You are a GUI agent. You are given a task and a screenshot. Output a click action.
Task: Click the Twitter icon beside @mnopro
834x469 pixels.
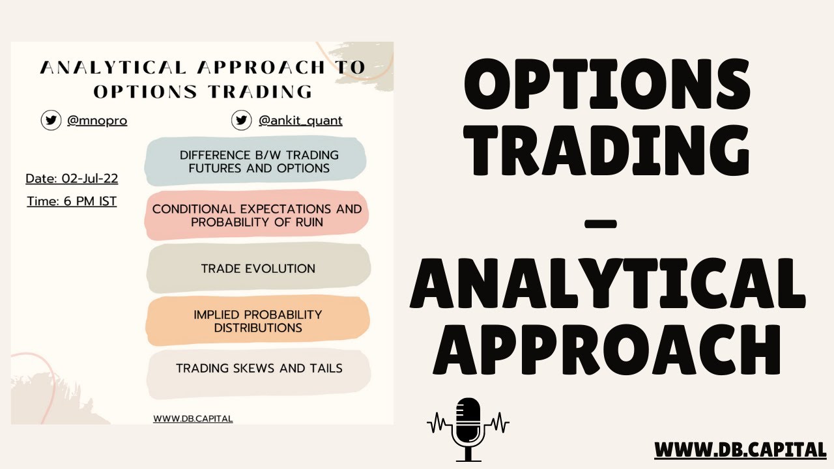[51, 121]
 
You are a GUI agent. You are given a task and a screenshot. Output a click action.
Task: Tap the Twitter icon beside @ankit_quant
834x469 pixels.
[242, 121]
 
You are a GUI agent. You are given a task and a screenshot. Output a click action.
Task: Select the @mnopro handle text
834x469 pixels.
[97, 121]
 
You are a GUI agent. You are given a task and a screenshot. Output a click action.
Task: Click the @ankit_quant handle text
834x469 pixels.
[300, 121]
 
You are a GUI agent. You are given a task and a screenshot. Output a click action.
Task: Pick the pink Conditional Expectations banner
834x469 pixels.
[257, 215]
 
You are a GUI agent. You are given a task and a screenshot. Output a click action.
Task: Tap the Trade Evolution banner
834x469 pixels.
[258, 268]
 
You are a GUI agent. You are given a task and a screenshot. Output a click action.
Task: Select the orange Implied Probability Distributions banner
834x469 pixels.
[258, 321]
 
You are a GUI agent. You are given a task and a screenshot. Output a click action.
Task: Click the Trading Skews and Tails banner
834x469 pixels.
[259, 369]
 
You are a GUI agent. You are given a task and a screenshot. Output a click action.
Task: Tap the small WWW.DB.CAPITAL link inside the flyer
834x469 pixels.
[193, 419]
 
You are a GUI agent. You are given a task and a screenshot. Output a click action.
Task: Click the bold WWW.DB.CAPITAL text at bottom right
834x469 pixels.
[740, 449]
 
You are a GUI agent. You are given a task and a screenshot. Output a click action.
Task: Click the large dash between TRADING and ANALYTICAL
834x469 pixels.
[600, 224]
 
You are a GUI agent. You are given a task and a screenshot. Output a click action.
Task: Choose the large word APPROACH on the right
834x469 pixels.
[607, 352]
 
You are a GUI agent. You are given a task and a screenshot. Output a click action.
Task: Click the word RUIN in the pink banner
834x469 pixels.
[308, 222]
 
